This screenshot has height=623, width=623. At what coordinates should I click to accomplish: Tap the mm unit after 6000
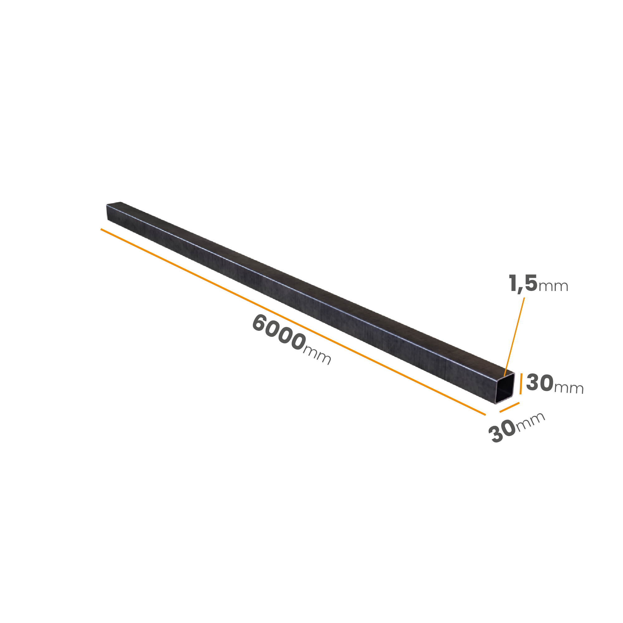tap(317, 356)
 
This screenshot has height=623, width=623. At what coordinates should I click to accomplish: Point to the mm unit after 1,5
tap(553, 286)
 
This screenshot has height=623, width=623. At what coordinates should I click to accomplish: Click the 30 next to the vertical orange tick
tap(540, 383)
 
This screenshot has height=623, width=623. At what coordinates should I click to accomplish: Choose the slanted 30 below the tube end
tap(502, 431)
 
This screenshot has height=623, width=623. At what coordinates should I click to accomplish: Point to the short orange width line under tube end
tap(509, 407)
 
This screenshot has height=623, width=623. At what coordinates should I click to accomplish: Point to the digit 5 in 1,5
tap(531, 283)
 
